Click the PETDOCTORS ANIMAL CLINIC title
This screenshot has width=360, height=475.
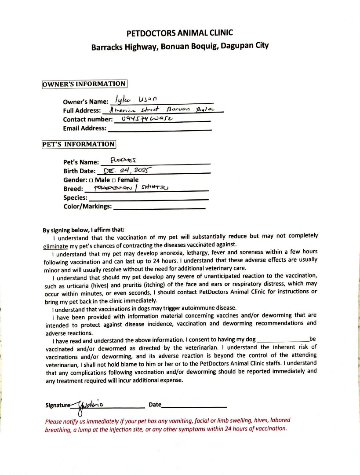click(180, 33)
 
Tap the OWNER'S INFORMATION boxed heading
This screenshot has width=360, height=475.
click(84, 84)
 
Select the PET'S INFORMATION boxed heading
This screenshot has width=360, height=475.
click(79, 144)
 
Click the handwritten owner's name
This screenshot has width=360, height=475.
click(138, 100)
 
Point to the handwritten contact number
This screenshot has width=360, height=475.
click(143, 118)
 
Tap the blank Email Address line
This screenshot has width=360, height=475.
click(160, 129)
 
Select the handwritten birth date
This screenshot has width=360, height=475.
click(127, 170)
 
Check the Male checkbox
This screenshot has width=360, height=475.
click(91, 180)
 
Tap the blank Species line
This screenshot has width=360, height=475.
click(149, 198)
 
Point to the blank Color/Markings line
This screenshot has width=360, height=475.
click(159, 207)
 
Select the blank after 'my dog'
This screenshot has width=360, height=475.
click(282, 340)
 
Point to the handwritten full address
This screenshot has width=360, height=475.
click(162, 110)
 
